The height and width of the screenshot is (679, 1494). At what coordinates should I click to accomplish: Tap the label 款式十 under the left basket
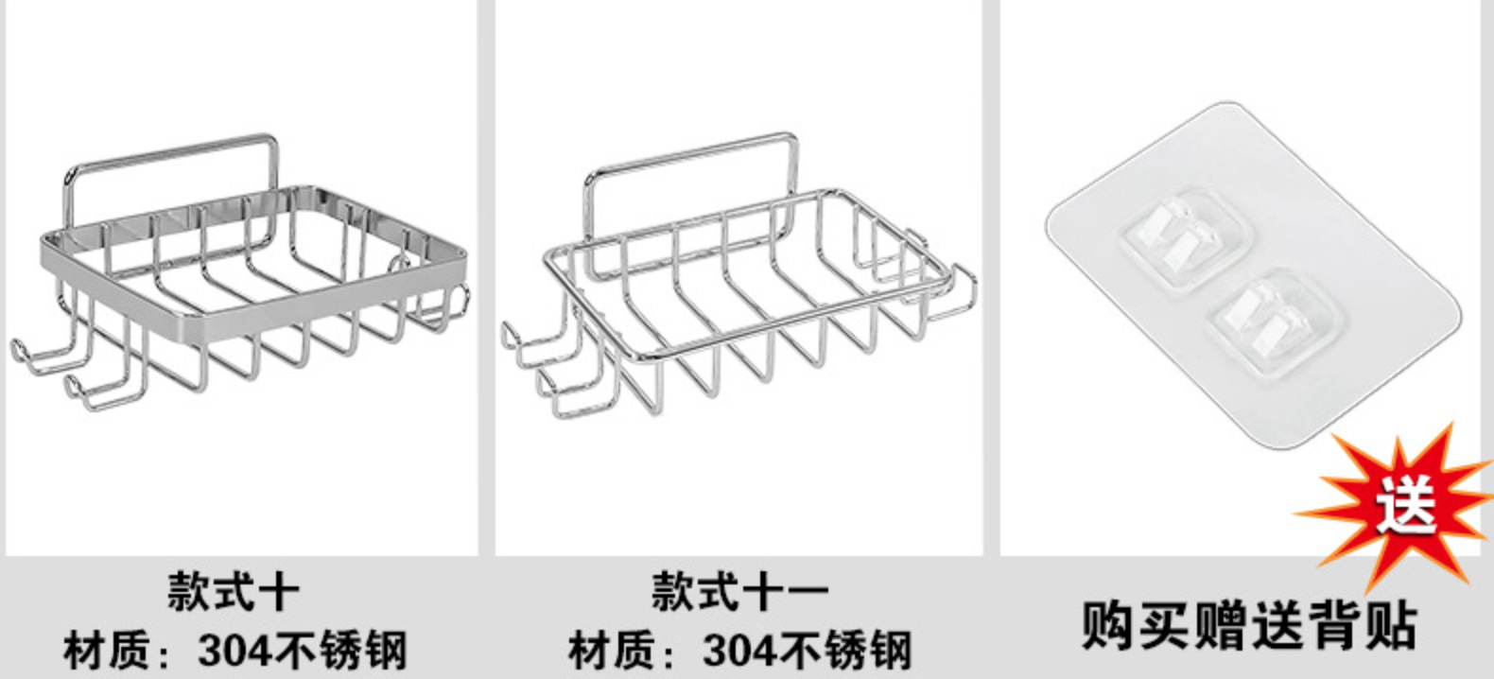(233, 593)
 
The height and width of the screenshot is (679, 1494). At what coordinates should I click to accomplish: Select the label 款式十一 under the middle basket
(738, 593)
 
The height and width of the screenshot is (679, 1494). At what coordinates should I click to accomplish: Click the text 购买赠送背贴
(1249, 624)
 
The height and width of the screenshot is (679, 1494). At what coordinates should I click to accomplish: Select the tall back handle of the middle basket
(690, 151)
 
